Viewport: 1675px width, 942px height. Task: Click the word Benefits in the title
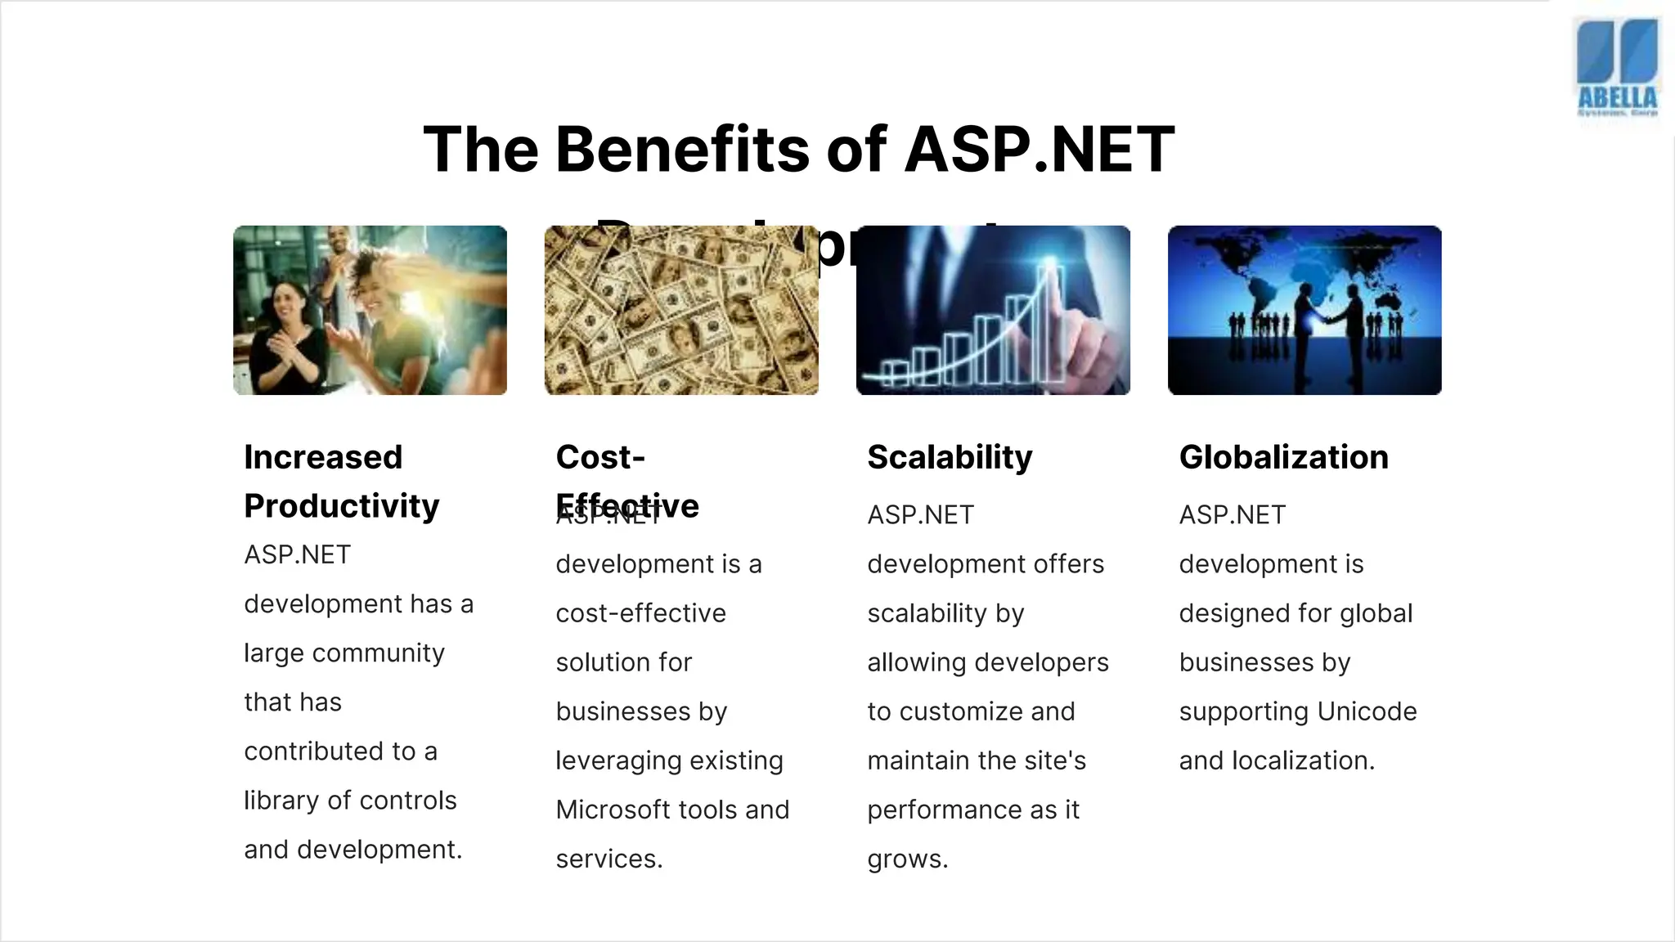pos(683,150)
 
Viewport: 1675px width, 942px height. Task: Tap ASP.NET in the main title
pos(1039,150)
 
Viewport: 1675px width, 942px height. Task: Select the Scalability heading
pos(950,457)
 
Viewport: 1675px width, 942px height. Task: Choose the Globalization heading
pos(1283,457)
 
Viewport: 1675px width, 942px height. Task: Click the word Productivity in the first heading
pos(341,506)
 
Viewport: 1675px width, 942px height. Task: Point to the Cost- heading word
pos(600,457)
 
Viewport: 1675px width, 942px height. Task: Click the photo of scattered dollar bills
pos(681,311)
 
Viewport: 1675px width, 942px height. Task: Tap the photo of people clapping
pos(370,311)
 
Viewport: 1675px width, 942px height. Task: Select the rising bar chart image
pos(993,311)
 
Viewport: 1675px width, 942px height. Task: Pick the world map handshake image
pos(1305,311)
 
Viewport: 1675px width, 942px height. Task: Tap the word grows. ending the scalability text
pos(908,859)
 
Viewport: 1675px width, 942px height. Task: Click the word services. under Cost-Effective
pos(609,859)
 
